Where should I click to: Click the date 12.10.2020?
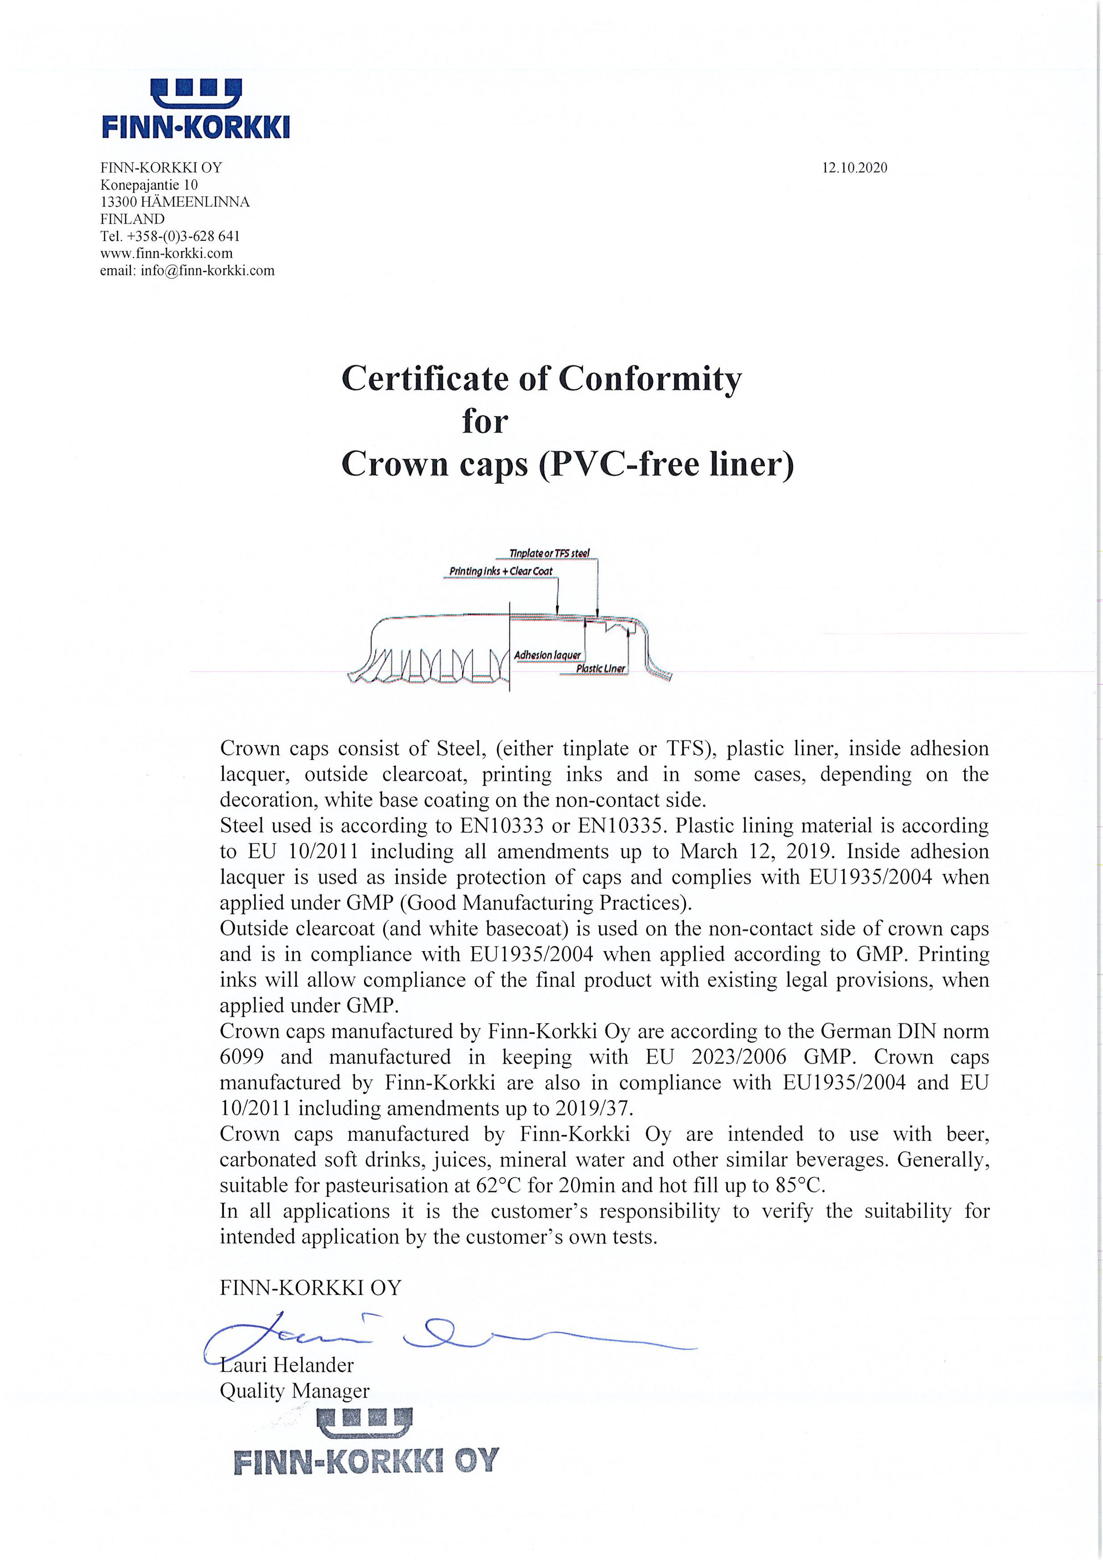854,168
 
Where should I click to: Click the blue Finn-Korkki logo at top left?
196,109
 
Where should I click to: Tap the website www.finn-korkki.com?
166,253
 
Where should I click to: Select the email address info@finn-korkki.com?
207,271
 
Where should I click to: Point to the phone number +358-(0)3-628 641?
184,236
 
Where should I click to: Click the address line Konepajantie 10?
149,185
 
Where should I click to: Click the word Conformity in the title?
650,379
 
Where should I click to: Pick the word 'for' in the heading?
485,421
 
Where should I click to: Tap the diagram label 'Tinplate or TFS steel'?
550,553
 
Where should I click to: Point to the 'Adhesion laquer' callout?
547,655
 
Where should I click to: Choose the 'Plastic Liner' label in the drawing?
600,669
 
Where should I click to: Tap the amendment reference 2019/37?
593,1108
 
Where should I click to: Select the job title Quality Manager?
294,1391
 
